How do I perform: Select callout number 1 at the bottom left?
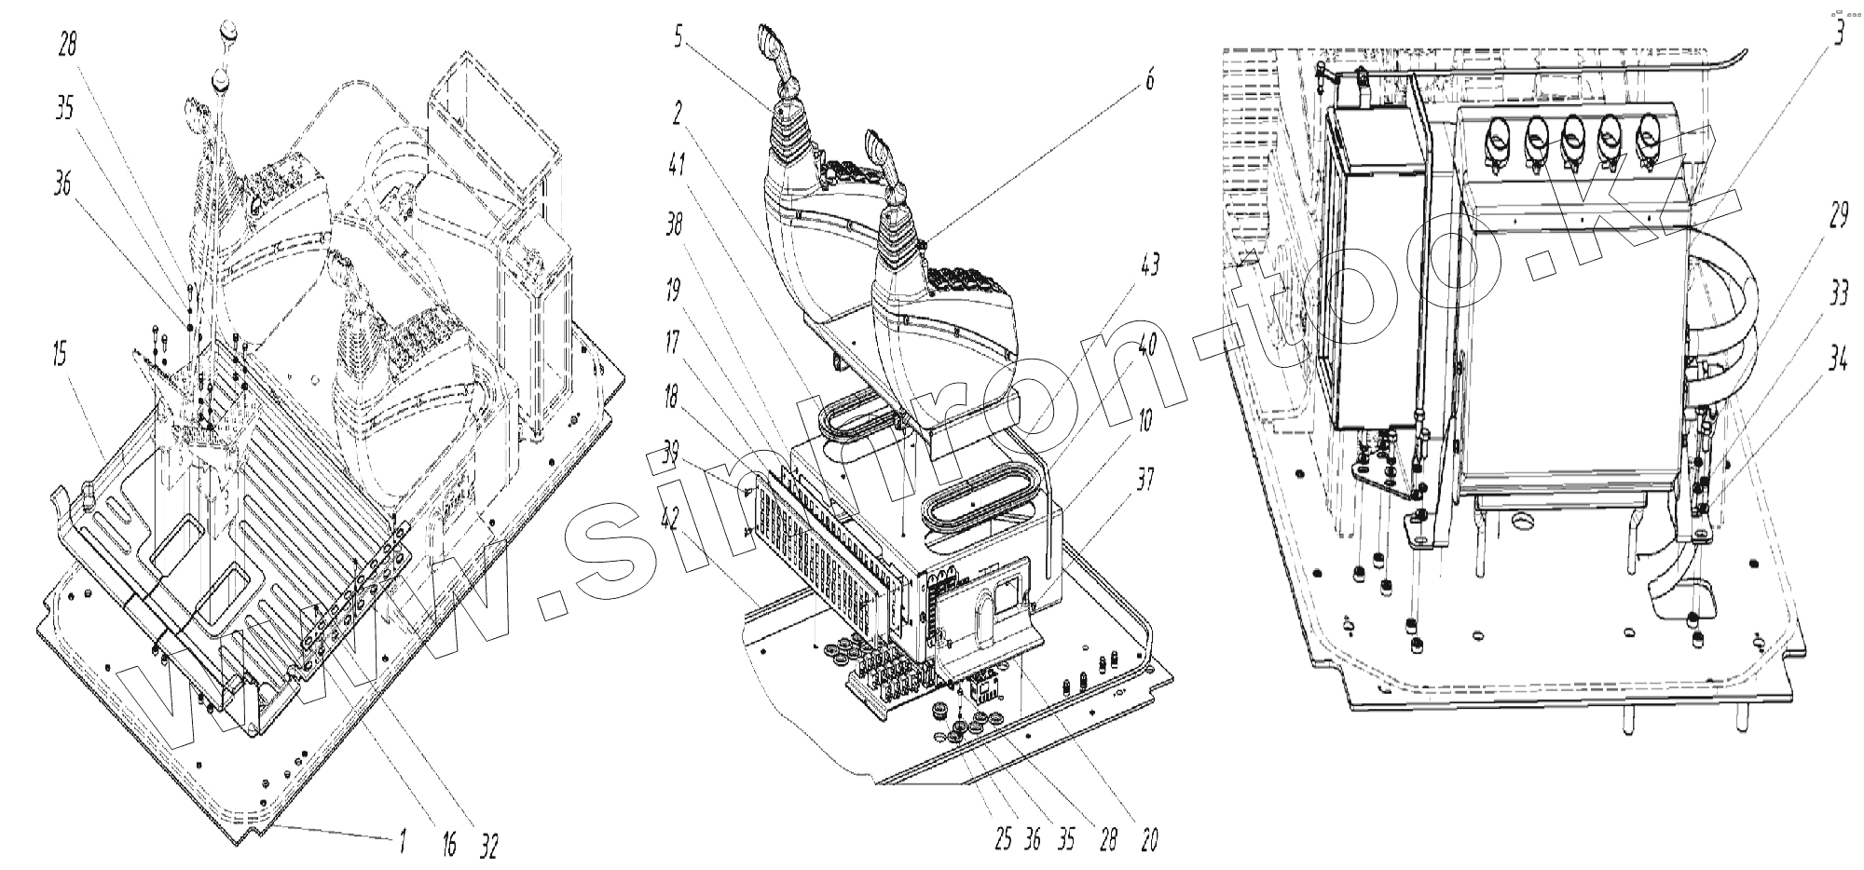point(402,844)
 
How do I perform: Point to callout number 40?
point(1147,346)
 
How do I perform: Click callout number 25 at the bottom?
point(1003,839)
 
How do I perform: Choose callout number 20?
point(1148,839)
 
